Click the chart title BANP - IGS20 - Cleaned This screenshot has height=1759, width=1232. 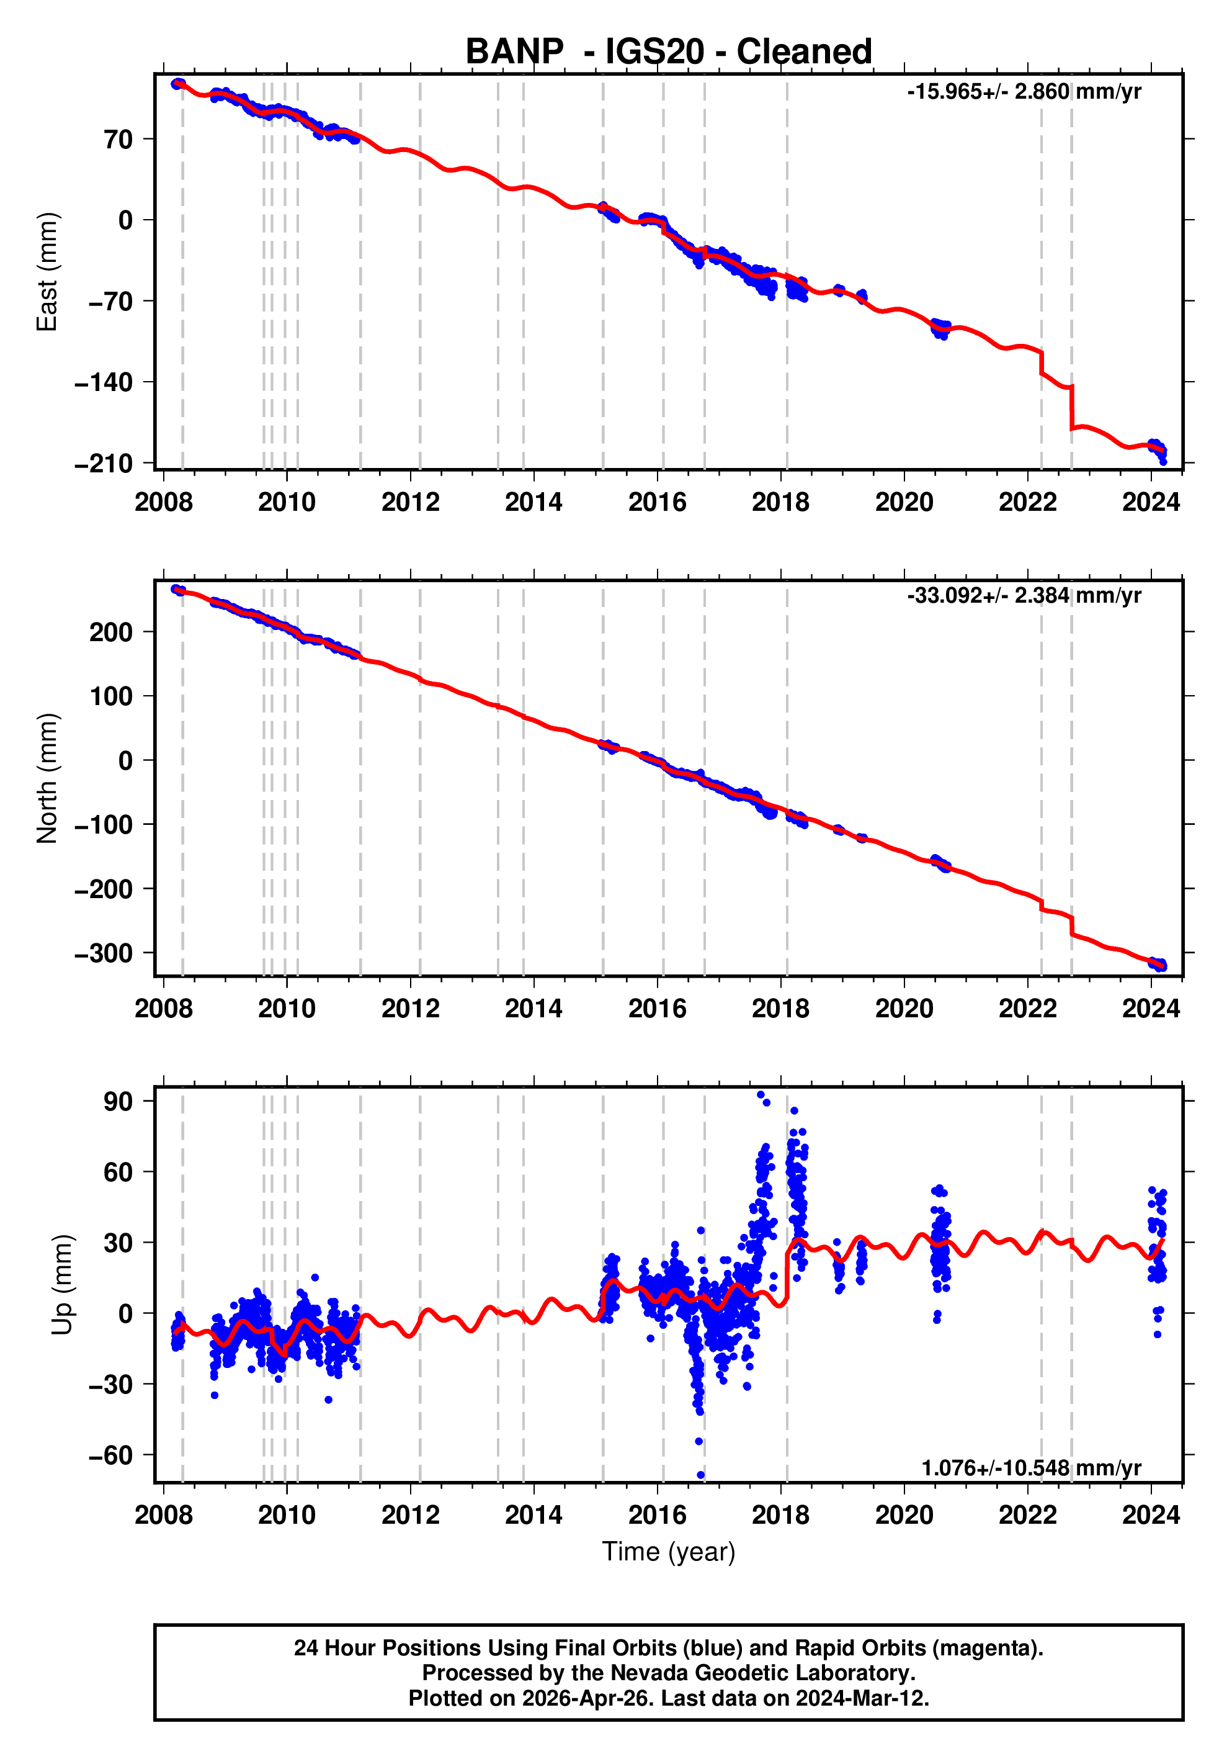tap(669, 52)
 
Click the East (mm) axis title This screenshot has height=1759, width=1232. tap(48, 272)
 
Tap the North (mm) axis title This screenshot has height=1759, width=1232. tap(48, 778)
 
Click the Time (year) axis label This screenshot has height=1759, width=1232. tap(669, 1551)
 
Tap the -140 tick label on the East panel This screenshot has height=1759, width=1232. tap(104, 382)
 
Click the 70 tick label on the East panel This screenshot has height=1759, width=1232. tap(118, 140)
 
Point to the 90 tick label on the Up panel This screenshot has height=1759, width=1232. tap(118, 1102)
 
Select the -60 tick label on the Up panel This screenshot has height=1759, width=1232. tap(110, 1455)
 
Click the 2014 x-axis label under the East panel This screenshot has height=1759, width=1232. tap(533, 503)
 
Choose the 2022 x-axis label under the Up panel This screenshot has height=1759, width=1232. tap(1027, 1515)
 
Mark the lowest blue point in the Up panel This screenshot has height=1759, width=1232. tap(700, 1475)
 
